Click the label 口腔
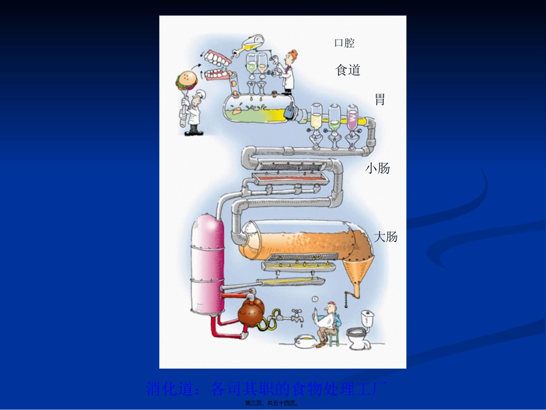(344, 43)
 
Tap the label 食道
(348, 70)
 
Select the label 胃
(379, 99)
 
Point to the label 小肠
(378, 168)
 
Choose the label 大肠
(386, 236)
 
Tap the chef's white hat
(198, 93)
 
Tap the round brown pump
(251, 313)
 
